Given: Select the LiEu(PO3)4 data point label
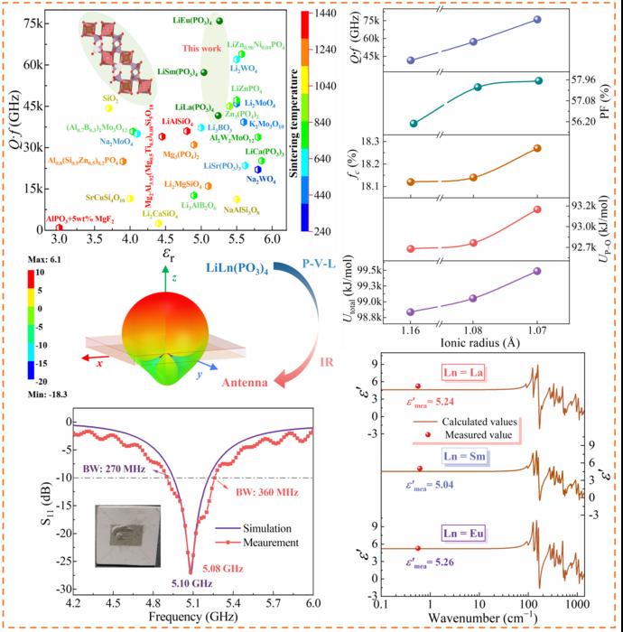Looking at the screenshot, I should pyautogui.click(x=191, y=19).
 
